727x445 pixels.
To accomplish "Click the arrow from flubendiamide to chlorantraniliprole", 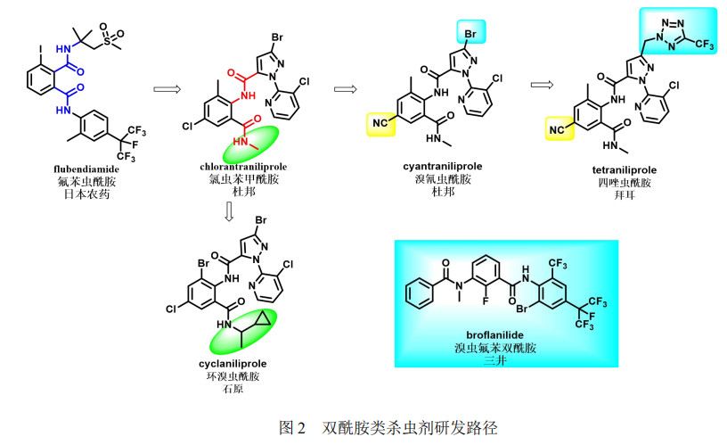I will point(168,88).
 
